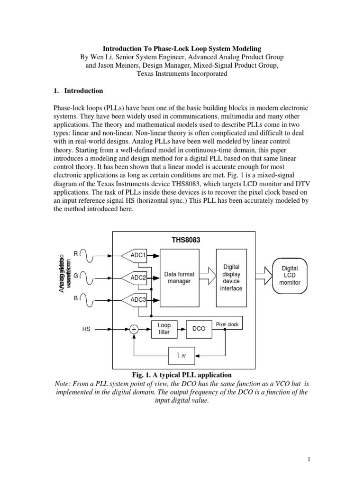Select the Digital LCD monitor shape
point(290,276)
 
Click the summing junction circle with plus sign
point(135,329)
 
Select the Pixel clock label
point(227,324)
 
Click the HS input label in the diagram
point(86,329)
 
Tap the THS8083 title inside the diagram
point(186,240)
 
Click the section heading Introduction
point(83,90)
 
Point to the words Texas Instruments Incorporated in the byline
point(182,73)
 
